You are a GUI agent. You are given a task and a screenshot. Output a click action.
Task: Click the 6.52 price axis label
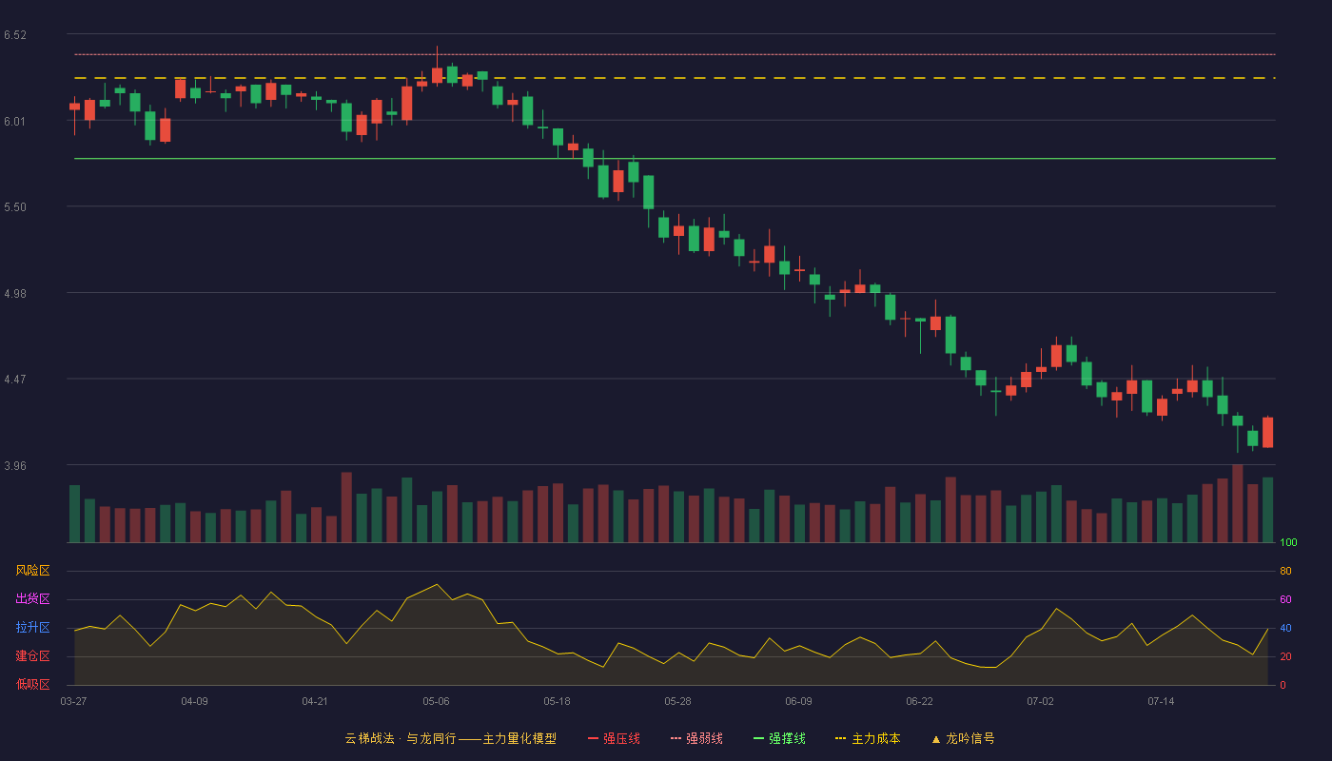tap(15, 35)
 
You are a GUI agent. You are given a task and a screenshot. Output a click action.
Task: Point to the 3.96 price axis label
tap(15, 465)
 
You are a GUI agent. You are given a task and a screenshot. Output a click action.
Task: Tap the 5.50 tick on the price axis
tap(15, 207)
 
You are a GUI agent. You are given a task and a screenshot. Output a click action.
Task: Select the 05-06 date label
tap(436, 702)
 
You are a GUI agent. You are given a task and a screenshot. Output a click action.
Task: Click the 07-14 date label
tap(1161, 702)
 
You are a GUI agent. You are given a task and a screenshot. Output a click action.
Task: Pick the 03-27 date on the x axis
tap(74, 702)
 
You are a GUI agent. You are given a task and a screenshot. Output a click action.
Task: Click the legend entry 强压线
tap(614, 738)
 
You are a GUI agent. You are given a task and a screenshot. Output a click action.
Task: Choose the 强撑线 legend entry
tap(779, 738)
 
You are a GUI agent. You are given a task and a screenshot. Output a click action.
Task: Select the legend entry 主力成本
tap(868, 738)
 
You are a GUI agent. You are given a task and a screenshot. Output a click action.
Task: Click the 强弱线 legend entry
tap(696, 738)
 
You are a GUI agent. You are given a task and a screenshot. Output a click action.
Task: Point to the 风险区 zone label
tap(32, 571)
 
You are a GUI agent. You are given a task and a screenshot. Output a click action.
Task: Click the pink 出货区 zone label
tap(32, 598)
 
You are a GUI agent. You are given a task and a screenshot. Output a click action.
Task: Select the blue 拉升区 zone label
tap(32, 627)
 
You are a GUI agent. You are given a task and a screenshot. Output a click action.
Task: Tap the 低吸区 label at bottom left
tap(32, 684)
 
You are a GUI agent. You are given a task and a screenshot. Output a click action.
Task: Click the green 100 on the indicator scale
tap(1288, 542)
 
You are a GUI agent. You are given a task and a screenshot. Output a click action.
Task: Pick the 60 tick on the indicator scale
tap(1285, 599)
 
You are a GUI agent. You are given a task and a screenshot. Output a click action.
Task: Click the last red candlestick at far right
tap(1267, 432)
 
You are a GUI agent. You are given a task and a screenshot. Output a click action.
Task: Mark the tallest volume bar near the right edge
tap(1238, 503)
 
